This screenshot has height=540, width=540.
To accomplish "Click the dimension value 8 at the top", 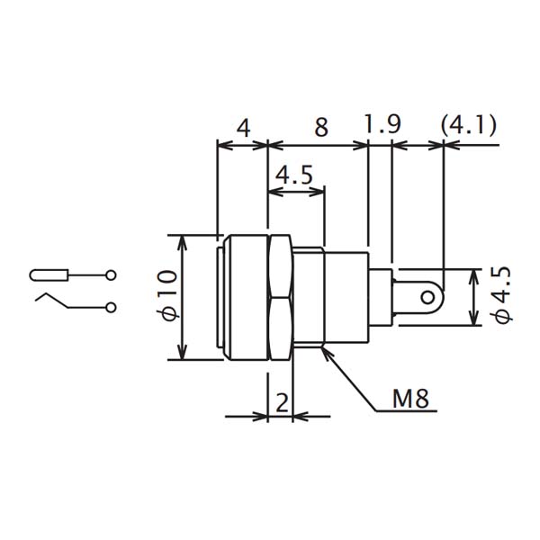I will point(320,127).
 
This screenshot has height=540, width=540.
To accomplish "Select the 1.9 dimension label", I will point(382,124).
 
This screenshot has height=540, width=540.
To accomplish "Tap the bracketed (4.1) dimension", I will point(469,124).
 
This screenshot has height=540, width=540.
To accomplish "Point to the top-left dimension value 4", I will point(242,127).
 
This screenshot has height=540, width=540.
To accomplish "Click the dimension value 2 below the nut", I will point(282,403).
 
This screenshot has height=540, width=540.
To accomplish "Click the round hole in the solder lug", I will point(434,296).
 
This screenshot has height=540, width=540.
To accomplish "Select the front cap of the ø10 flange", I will point(221,296).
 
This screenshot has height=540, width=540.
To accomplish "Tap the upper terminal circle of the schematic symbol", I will point(111,274).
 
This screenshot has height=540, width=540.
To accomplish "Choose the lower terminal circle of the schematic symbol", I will point(111,308).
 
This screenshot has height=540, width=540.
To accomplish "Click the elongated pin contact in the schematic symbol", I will point(49,274).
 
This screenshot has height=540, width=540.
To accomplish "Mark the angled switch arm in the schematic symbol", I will point(51,299).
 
